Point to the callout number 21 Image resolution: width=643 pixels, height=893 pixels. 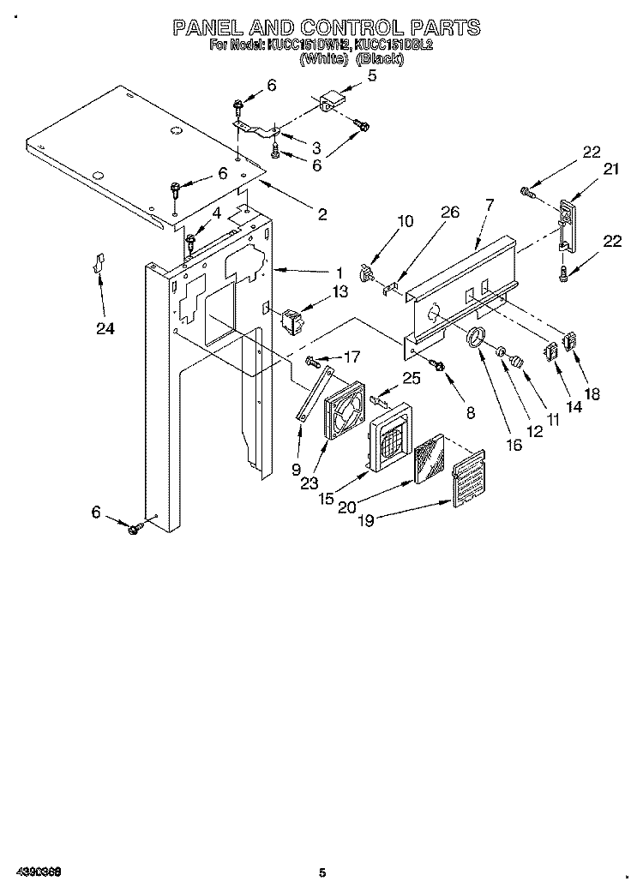[x=610, y=170]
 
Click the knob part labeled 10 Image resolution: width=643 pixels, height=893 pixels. [x=369, y=273]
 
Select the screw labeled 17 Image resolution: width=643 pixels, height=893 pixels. [x=312, y=360]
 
